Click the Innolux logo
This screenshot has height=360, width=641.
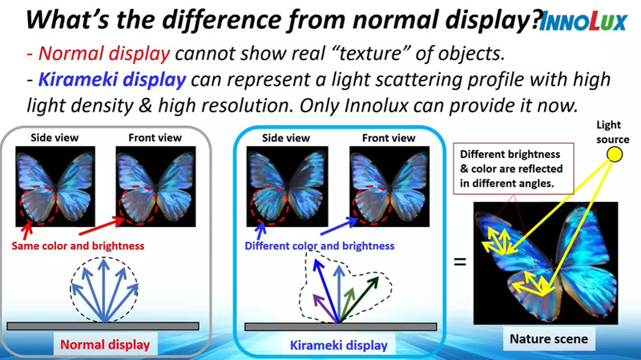click(x=583, y=22)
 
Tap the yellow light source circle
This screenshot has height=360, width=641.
click(x=614, y=154)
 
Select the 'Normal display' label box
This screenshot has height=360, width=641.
click(x=105, y=345)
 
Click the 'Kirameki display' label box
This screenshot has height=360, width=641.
click(x=338, y=345)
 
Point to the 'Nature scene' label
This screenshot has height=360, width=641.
click(x=549, y=338)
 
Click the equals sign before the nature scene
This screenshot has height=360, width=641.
click(x=460, y=261)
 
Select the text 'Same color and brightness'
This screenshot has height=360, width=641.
click(x=78, y=246)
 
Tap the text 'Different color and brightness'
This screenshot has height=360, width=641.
click(x=319, y=246)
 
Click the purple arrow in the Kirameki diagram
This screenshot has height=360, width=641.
click(x=325, y=308)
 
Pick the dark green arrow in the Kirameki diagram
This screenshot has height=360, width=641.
click(x=359, y=299)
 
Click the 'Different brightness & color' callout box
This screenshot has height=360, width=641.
click(x=514, y=168)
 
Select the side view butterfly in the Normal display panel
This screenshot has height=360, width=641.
click(x=55, y=187)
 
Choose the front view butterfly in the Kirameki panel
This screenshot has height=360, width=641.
click(x=389, y=187)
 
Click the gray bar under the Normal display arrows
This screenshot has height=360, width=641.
click(x=103, y=326)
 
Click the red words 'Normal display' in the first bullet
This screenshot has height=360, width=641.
click(x=104, y=54)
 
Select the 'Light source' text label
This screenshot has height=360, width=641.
click(x=612, y=131)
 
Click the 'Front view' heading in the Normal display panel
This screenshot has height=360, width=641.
click(x=155, y=138)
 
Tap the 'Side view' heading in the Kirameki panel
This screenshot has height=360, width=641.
click(x=286, y=138)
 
